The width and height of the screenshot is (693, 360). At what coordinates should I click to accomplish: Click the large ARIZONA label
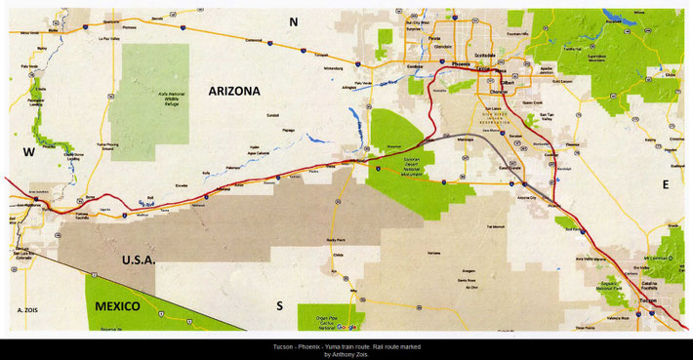pyautogui.click(x=234, y=91)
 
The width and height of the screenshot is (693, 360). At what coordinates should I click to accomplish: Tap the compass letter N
pyautogui.click(x=292, y=20)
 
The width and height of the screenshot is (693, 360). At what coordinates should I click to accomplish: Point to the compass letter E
pyautogui.click(x=666, y=183)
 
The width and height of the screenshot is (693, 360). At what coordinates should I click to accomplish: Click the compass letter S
pyautogui.click(x=279, y=305)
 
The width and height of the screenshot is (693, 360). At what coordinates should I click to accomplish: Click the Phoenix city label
pyautogui.click(x=462, y=62)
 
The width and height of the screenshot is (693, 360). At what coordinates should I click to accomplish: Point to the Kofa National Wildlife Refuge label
pyautogui.click(x=148, y=97)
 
